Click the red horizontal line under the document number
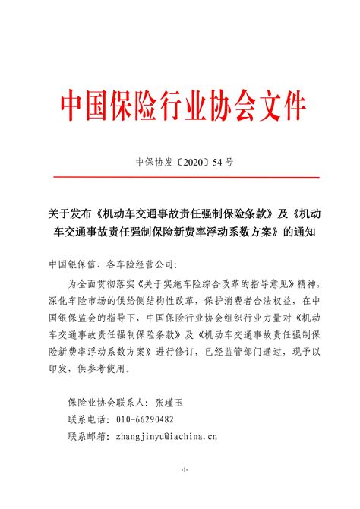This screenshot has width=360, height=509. coord(180,177)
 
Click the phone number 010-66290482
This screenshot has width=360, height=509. coord(144,419)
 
